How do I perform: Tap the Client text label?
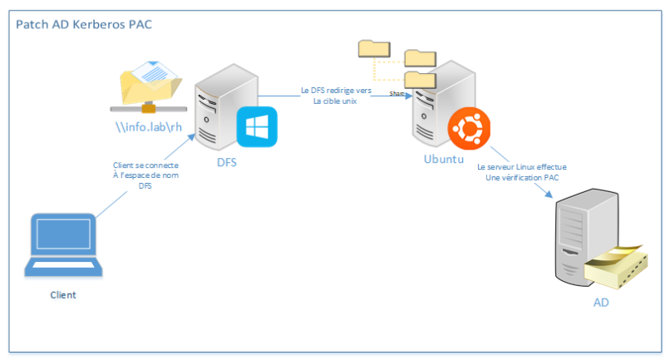(x=63, y=294)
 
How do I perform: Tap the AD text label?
(x=600, y=302)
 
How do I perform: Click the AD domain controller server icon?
(x=582, y=237)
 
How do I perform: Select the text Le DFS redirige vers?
(x=336, y=90)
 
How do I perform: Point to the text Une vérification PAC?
(x=522, y=177)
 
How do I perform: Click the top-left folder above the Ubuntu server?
(x=371, y=49)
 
